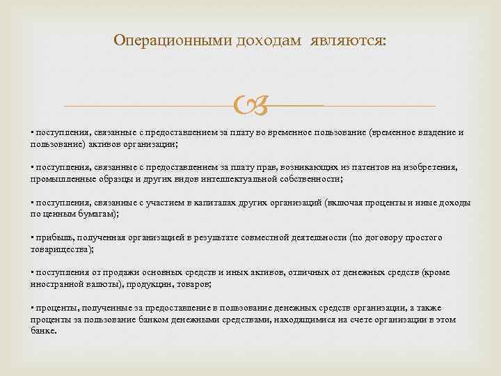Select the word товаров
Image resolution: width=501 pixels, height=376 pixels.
pos(195,285)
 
